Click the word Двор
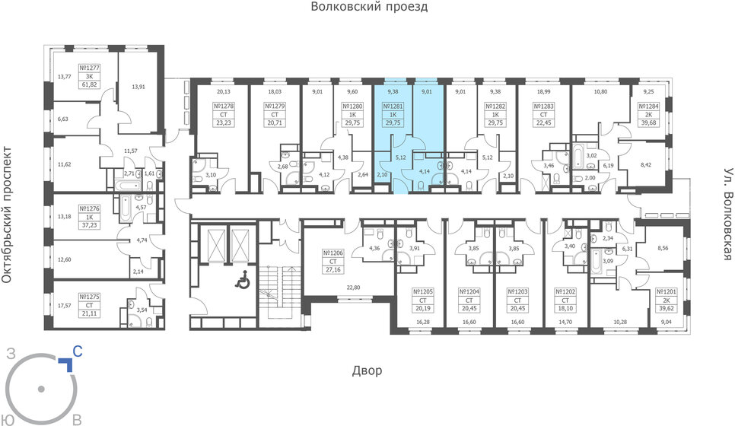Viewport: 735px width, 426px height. tap(367, 371)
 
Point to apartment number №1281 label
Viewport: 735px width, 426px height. tap(392, 107)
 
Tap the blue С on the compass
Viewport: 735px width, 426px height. tap(77, 352)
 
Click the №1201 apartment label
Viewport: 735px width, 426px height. tap(665, 291)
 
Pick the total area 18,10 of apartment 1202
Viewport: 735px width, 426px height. tap(565, 309)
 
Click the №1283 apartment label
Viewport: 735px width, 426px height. tap(537, 107)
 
